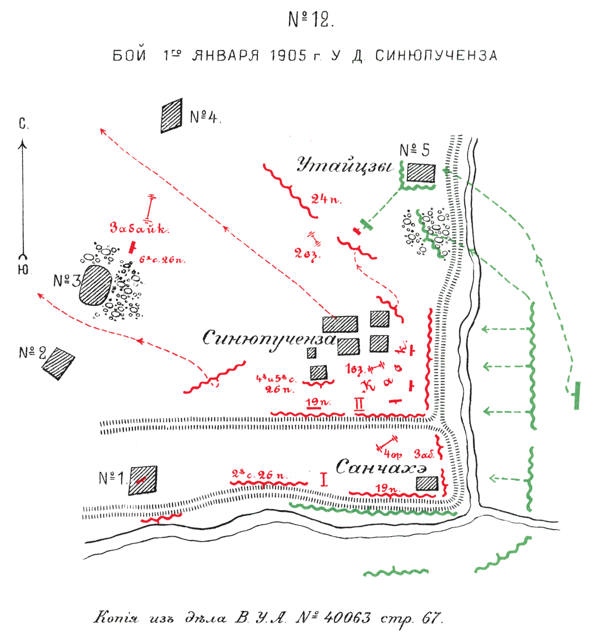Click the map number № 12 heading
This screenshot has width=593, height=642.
tap(311, 20)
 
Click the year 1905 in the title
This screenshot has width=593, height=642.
tap(288, 56)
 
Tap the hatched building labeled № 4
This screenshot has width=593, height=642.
tap(172, 116)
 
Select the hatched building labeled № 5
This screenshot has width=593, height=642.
tap(421, 173)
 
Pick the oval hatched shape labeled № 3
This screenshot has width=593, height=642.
tap(95, 285)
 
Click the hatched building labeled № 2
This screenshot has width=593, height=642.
tap(58, 363)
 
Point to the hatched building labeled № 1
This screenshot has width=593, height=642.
tap(143, 480)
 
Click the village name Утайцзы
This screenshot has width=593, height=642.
tap(345, 165)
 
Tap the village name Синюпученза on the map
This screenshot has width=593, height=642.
tap(269, 339)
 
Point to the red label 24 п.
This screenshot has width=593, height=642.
tap(326, 200)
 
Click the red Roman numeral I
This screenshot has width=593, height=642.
tap(324, 479)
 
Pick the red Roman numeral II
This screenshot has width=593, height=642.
tap(359, 404)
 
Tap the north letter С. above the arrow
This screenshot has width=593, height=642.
tap(23, 124)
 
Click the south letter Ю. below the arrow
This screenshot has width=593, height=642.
tap(23, 269)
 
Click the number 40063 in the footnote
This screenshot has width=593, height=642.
tap(347, 617)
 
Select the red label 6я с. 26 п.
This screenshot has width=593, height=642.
tap(162, 260)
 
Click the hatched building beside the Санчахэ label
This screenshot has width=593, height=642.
tap(427, 483)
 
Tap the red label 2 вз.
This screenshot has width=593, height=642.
tap(307, 254)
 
